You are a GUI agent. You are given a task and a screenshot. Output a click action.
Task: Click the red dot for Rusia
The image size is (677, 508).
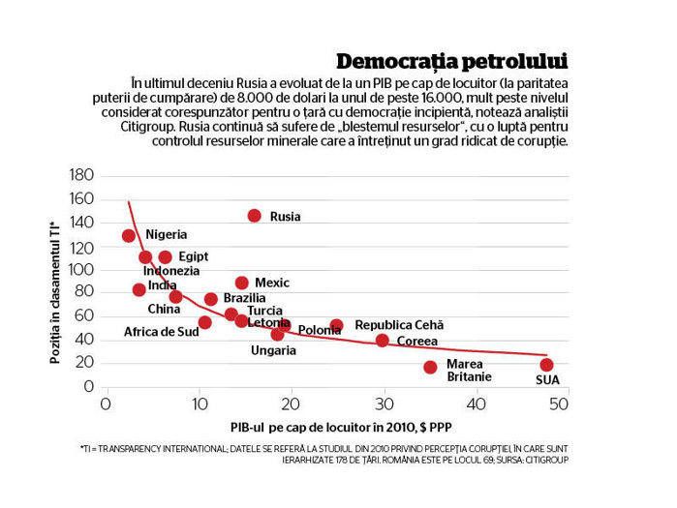[255, 216]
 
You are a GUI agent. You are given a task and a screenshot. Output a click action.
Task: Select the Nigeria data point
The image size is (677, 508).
[128, 235]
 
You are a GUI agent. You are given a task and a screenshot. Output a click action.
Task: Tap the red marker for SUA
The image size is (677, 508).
[546, 365]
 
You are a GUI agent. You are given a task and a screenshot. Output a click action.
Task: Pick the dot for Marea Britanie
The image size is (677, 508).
[430, 367]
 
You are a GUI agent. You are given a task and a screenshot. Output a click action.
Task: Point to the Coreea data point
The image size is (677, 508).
[382, 341]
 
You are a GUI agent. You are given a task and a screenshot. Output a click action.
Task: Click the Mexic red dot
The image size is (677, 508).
[242, 283]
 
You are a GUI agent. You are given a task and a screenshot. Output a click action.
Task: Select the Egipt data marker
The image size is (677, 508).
[165, 257]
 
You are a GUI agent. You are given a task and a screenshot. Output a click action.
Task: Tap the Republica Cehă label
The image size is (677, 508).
[399, 325]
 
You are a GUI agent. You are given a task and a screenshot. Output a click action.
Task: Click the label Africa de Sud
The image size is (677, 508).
[162, 332]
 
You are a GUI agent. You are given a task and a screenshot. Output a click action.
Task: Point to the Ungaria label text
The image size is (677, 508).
[273, 350]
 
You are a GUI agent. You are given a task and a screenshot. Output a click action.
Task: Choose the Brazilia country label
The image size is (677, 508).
[244, 298]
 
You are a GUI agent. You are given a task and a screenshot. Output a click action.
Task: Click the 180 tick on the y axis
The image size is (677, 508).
[81, 174]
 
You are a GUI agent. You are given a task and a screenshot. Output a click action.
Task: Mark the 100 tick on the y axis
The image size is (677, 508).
[81, 270]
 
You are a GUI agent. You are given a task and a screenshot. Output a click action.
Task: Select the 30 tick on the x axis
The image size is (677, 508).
[384, 404]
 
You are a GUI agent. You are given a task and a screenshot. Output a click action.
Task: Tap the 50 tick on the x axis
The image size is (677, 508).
[558, 404]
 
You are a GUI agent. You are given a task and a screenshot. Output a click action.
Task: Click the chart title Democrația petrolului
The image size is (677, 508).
[452, 62]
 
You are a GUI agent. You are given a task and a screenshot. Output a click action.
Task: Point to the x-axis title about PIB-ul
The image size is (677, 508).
[341, 428]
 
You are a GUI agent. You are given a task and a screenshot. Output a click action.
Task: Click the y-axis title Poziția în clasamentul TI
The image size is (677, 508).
[54, 293]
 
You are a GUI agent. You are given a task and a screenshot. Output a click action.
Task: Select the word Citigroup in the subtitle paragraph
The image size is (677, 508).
[147, 127]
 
